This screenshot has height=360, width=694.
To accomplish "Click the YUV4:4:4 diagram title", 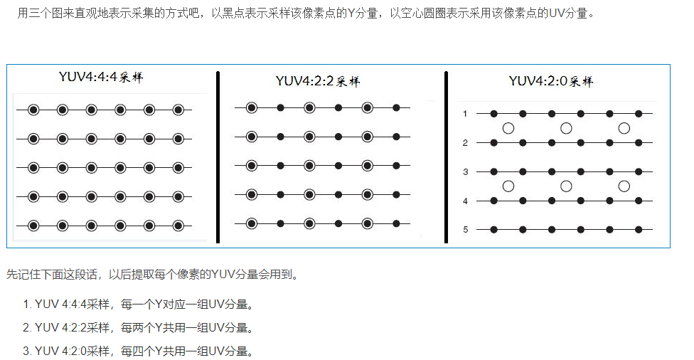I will coord(101,77).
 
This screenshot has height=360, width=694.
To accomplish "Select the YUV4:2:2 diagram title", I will coord(317,80).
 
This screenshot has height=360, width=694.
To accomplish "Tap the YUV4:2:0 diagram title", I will coord(550,80).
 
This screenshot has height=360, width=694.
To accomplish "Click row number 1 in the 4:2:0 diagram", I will coord(465,114).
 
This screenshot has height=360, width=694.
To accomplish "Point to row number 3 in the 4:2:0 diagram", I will coord(465,171).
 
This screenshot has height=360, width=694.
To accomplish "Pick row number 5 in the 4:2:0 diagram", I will coord(465,230).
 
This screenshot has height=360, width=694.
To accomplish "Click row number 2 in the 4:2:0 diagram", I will coord(465,143).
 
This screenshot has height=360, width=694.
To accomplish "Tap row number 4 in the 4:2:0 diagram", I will coord(465,201).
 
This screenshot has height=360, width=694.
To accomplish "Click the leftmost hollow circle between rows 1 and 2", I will coord(508,128).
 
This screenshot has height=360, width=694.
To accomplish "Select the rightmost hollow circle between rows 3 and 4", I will coord(624,186).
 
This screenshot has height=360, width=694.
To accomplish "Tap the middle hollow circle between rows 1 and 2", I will coord(566,128).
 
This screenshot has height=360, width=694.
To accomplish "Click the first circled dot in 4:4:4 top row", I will coord(33,110).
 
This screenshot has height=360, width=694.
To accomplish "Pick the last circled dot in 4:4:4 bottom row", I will coord(178,226).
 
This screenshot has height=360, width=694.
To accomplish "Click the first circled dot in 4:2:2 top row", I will coord(251,107).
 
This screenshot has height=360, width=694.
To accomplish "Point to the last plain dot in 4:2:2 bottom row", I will coord(396,223).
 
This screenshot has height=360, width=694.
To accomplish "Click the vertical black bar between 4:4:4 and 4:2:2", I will coord(218,157).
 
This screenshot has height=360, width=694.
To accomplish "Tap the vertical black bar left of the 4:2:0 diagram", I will coord(446,157).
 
